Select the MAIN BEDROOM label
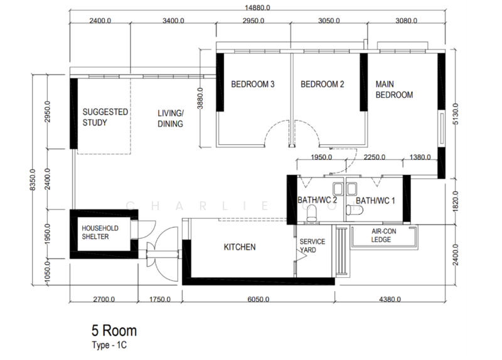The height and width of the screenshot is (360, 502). click(394, 89)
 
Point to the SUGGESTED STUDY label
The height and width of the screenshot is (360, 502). click(105, 117)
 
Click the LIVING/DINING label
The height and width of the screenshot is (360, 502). click(169, 119)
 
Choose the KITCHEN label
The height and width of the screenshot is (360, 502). click(240, 247)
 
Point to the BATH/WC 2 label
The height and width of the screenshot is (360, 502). click(317, 201)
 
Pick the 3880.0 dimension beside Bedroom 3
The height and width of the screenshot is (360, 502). click(200, 98)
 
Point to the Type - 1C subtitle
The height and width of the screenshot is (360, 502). click(110, 344)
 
